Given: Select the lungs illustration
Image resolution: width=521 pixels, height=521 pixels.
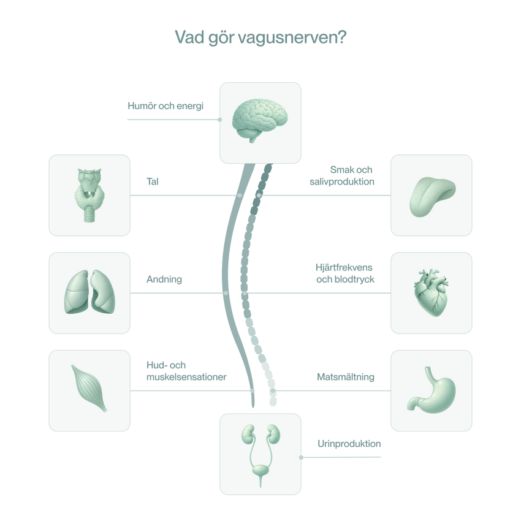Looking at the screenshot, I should pyautogui.click(x=89, y=293).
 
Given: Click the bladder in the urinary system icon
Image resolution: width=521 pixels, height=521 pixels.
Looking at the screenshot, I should pyautogui.click(x=260, y=473).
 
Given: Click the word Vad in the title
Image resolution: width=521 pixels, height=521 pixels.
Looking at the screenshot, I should pyautogui.click(x=186, y=38).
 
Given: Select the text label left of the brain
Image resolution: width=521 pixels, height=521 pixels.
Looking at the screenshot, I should pyautogui.click(x=165, y=105).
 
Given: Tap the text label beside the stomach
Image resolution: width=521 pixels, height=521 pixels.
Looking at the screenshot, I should pyautogui.click(x=346, y=376).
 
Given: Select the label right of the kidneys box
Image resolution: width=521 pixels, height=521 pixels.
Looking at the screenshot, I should pyautogui.click(x=349, y=442).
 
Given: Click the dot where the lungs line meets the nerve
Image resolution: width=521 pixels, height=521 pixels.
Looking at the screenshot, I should pyautogui.click(x=226, y=293).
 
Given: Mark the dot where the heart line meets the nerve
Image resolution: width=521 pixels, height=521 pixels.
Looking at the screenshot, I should pyautogui.click(x=245, y=293).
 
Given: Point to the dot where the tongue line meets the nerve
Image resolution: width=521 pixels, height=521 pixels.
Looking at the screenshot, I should pyautogui.click(x=259, y=196).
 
